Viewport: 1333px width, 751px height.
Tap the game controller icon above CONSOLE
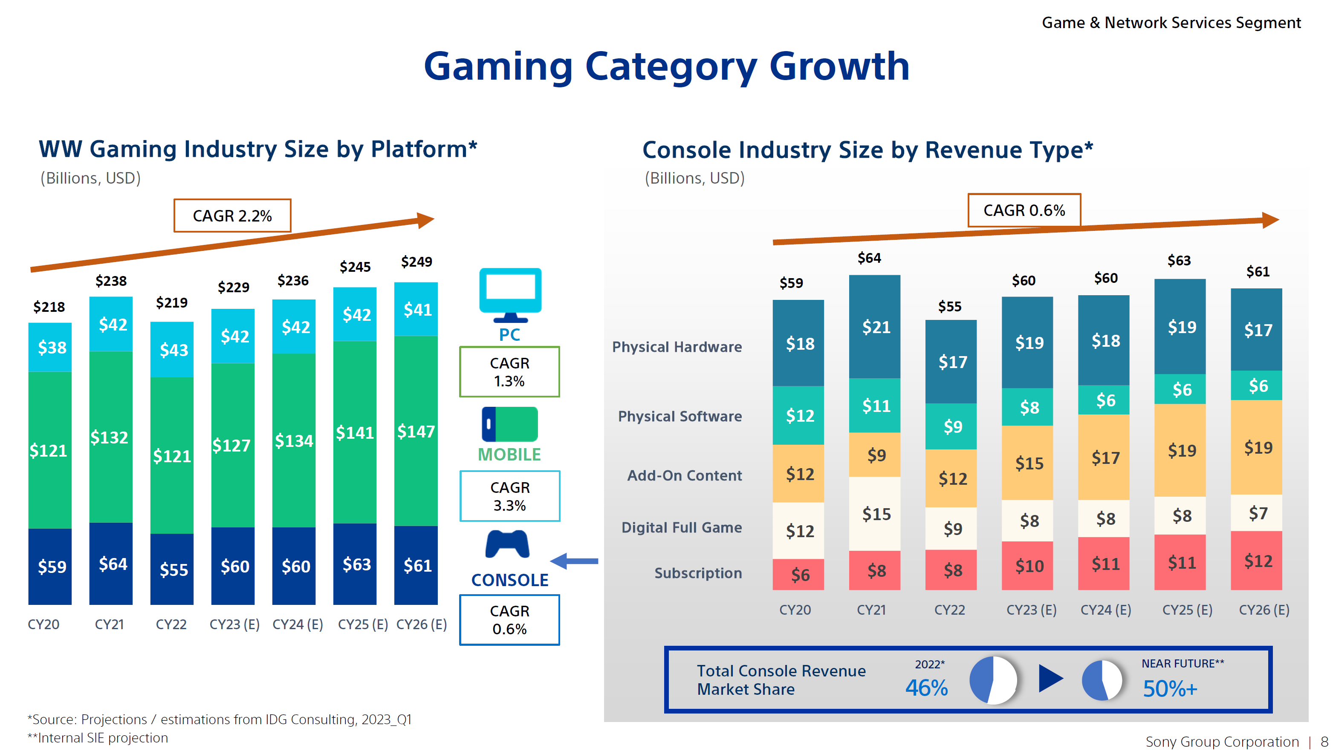click(x=507, y=545)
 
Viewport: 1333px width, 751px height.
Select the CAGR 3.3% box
click(x=510, y=496)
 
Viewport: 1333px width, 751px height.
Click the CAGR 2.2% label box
click(x=232, y=216)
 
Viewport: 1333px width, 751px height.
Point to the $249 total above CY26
click(x=416, y=262)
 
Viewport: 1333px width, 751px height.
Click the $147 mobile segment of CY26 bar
click(x=416, y=432)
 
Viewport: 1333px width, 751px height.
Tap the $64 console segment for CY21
click(x=112, y=564)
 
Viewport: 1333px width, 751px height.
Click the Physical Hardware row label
click(x=677, y=347)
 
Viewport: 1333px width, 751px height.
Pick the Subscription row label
click(x=698, y=573)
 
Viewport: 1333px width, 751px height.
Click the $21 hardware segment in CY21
click(x=876, y=327)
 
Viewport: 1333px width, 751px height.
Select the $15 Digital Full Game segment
click(x=876, y=514)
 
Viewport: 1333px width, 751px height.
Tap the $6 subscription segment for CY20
click(x=799, y=575)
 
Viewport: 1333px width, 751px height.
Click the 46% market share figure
click(x=926, y=688)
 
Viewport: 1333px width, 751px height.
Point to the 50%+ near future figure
click(x=1169, y=689)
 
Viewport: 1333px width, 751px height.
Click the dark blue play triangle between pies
click(x=1050, y=678)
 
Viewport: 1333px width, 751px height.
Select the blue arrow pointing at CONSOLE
click(x=574, y=561)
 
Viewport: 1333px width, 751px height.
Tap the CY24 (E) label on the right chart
click(x=1105, y=610)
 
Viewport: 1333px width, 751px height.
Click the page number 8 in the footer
click(x=1324, y=742)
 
